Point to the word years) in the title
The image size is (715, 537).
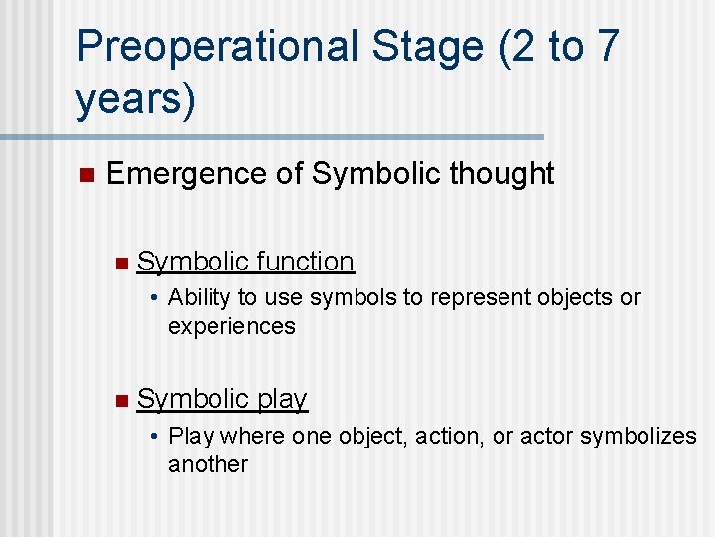136,100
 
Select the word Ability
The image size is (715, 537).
198,297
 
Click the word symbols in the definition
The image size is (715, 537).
343,297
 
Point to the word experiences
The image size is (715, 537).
231,326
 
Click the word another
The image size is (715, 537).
208,464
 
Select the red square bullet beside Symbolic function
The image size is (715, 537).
120,263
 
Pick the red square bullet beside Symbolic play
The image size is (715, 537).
120,400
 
